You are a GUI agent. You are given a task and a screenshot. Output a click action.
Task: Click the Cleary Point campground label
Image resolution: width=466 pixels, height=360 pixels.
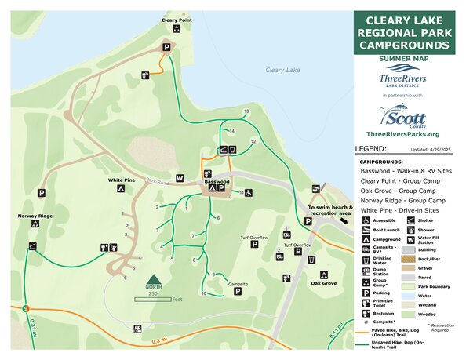pyautogui.click(x=177, y=20)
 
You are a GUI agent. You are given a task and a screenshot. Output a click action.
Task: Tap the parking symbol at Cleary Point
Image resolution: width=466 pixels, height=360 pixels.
pyautogui.click(x=166, y=48)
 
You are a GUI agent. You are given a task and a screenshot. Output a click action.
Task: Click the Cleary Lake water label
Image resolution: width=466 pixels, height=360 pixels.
pyautogui.click(x=282, y=70)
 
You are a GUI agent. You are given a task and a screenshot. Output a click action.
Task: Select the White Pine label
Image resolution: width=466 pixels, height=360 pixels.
pyautogui.click(x=122, y=180)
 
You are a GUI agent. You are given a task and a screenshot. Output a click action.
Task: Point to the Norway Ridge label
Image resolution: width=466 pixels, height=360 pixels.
pyautogui.click(x=35, y=216)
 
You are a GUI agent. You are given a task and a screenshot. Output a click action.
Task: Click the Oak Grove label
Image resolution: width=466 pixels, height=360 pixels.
pyautogui.click(x=323, y=282)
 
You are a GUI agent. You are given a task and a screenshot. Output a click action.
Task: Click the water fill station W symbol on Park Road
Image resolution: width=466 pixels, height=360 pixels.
pyautogui.click(x=180, y=178)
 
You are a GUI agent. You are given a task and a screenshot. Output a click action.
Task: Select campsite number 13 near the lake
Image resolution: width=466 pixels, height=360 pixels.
pyautogui.click(x=246, y=112)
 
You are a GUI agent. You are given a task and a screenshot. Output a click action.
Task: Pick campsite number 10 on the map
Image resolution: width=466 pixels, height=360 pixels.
pyautogui.click(x=203, y=293)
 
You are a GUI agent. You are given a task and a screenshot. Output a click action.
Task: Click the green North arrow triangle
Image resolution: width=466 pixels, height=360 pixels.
pyautogui.click(x=154, y=278)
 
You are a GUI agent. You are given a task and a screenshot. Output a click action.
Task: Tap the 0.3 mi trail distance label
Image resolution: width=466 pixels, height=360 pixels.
pyautogui.click(x=160, y=340)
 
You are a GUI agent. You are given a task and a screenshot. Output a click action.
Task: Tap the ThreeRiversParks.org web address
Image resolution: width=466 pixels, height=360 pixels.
pyautogui.click(x=403, y=135)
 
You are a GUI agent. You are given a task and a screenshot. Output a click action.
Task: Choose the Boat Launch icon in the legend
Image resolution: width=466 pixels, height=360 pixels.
pyautogui.click(x=366, y=230)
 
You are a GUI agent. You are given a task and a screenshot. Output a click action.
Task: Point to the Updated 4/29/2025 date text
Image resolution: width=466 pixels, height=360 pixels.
pyautogui.click(x=432, y=149)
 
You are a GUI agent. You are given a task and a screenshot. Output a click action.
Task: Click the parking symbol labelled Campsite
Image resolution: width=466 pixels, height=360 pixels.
pyautogui.click(x=238, y=292)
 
